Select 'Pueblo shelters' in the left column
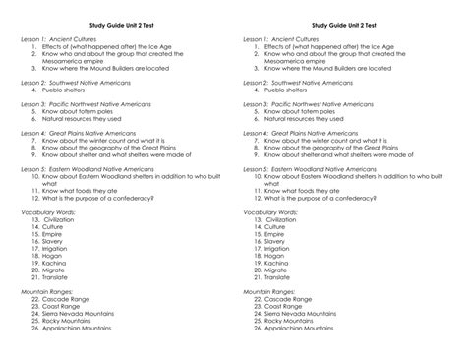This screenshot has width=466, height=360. pyautogui.click(x=68, y=90)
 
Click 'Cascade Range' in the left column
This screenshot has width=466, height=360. pyautogui.click(x=67, y=299)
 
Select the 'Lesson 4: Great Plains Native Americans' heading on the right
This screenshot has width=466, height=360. pyautogui.click(x=309, y=133)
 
